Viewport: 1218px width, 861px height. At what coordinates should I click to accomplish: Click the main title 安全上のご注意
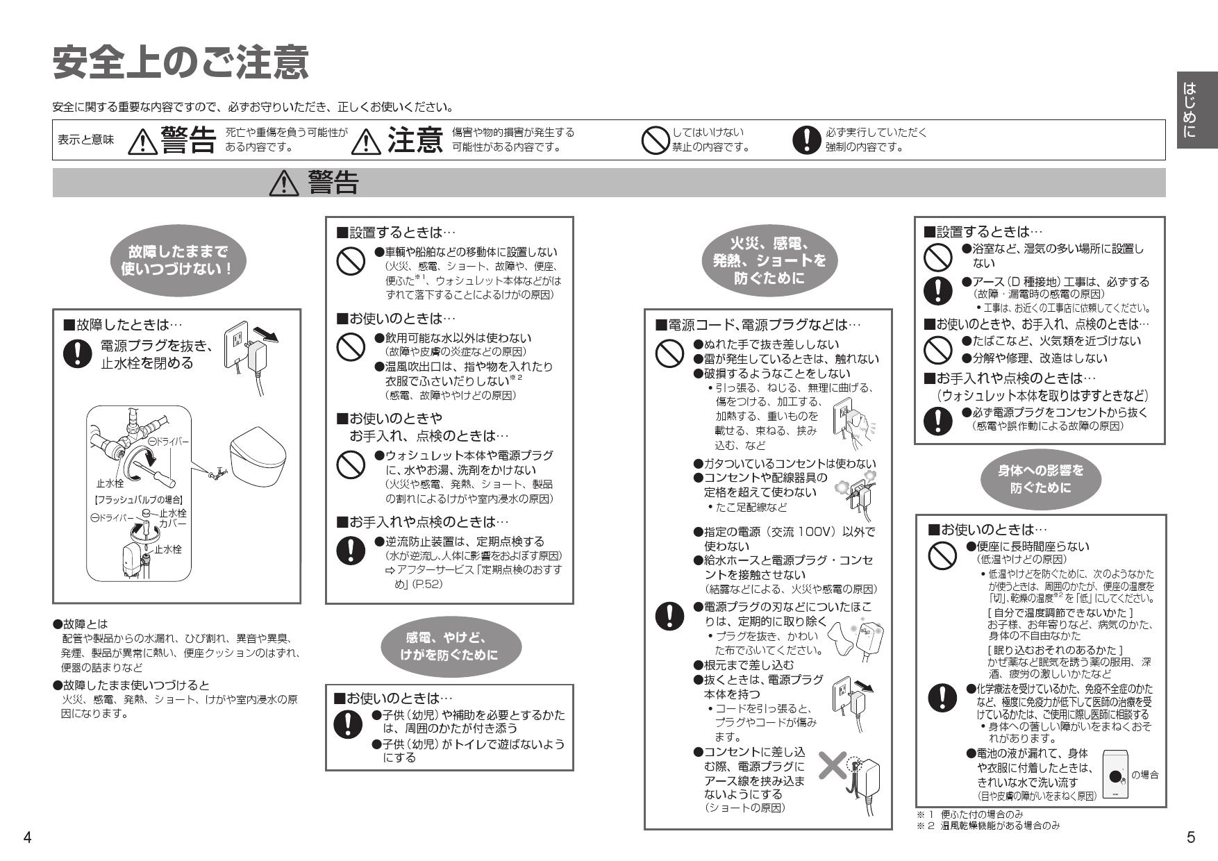pyautogui.click(x=181, y=64)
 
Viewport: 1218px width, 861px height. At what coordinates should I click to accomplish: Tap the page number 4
pyautogui.click(x=27, y=837)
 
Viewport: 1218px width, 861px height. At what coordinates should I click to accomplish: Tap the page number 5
pyautogui.click(x=1190, y=837)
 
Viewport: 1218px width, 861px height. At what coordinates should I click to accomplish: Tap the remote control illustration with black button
pyautogui.click(x=1115, y=775)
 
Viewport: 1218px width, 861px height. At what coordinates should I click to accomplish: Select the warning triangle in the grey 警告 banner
pyautogui.click(x=283, y=183)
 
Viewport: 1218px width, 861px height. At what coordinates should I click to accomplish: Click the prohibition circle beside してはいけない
pyautogui.click(x=654, y=140)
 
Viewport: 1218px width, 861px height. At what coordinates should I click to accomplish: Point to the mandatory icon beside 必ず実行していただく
pyautogui.click(x=806, y=140)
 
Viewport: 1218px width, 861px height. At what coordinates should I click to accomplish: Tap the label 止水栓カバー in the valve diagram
pyautogui.click(x=172, y=518)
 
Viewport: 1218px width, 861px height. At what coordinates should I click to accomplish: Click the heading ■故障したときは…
pyautogui.click(x=123, y=324)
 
